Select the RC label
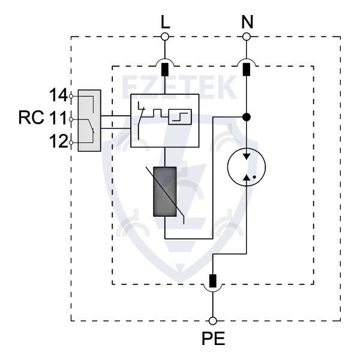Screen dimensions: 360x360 [30, 118]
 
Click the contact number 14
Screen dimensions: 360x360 [59, 95]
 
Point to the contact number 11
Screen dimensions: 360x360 [59, 118]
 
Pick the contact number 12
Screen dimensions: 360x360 [59, 142]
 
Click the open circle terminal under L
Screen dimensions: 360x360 [165, 37]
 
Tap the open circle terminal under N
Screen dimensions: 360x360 [246, 37]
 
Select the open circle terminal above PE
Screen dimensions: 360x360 [212, 321]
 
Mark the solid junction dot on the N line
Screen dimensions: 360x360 [246, 116]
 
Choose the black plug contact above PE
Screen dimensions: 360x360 [212, 280]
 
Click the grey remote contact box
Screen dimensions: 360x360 [89, 119]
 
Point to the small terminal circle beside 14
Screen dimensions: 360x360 [72, 95]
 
